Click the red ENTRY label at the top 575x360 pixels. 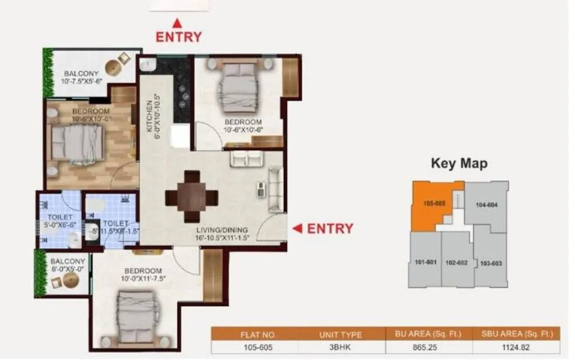pyautogui.click(x=178, y=36)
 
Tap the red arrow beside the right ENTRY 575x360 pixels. pyautogui.click(x=297, y=228)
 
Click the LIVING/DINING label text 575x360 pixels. pyautogui.click(x=222, y=229)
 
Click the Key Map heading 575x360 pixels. pyautogui.click(x=459, y=163)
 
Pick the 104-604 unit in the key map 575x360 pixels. pyautogui.click(x=487, y=205)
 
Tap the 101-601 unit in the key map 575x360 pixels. pyautogui.click(x=425, y=262)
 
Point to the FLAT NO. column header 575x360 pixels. pyautogui.click(x=254, y=335)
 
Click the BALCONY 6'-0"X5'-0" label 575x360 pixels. pyautogui.click(x=67, y=264)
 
